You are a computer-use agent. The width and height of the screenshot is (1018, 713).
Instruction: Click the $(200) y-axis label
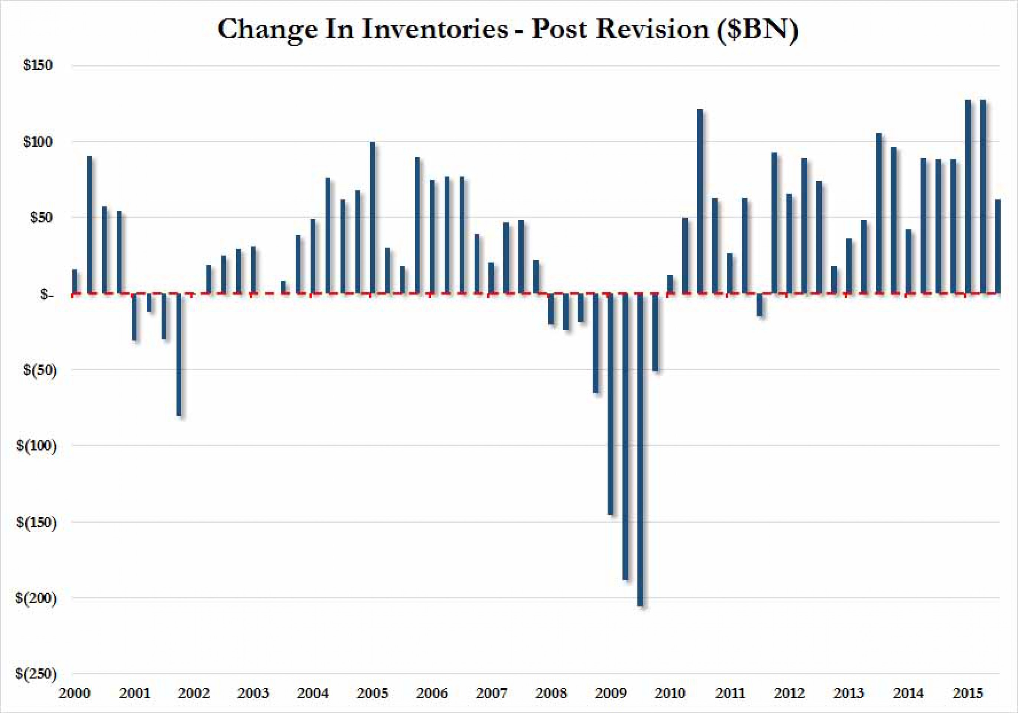[x=36, y=598]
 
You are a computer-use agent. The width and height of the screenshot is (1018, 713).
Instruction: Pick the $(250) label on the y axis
[x=36, y=674]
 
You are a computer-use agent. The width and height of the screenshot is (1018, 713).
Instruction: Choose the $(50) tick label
[x=39, y=370]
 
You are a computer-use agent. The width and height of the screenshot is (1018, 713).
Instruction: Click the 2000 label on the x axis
[x=75, y=693]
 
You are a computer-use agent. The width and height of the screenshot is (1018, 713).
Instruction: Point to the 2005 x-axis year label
[x=373, y=693]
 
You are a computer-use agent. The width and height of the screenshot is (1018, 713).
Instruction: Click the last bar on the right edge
[x=998, y=246]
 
